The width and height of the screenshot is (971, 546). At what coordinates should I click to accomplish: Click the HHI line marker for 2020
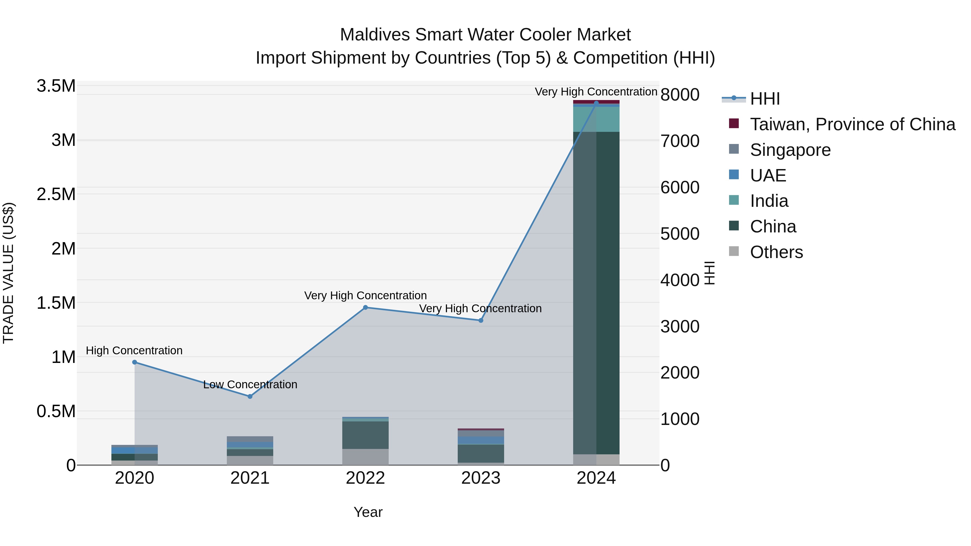(135, 362)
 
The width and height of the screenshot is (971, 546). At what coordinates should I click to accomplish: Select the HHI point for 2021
(250, 396)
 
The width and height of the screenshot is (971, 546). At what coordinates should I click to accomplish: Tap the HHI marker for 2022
(365, 307)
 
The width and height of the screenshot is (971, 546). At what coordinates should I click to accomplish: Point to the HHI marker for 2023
(481, 320)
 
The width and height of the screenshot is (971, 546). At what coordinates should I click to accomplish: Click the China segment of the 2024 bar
(596, 294)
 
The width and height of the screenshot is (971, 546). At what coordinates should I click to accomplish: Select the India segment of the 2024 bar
(596, 119)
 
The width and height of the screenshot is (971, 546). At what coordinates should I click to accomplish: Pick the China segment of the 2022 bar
(365, 435)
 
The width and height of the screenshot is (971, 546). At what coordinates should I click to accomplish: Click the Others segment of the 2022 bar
(365, 457)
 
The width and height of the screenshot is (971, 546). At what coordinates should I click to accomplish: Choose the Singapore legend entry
(790, 150)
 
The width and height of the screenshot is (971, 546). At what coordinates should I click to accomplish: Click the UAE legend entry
(768, 176)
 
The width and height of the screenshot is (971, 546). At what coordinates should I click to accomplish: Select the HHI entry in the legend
(764, 99)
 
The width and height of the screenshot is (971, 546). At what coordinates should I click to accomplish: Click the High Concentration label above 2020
(134, 351)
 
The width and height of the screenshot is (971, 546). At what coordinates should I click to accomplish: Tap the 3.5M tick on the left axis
(56, 86)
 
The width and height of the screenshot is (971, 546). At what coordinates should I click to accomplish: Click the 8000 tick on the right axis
(680, 95)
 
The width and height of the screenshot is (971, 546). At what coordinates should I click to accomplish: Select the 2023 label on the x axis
(481, 478)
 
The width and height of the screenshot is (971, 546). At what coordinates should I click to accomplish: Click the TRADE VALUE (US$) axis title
(8, 273)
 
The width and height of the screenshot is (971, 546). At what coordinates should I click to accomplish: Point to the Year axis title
(368, 512)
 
